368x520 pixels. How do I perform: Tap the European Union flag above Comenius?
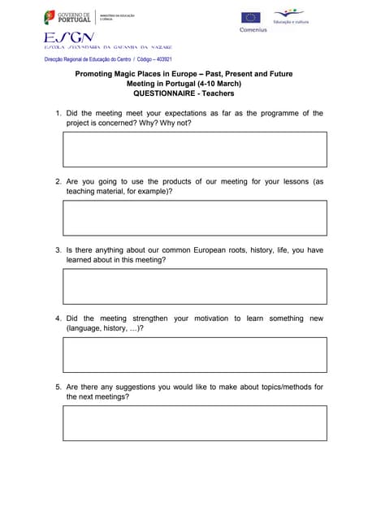pyautogui.click(x=251, y=17)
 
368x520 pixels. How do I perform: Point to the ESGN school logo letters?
pyautogui.click(x=69, y=37)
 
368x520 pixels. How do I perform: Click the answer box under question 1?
pyautogui.click(x=195, y=149)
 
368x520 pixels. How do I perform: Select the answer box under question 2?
pyautogui.click(x=195, y=218)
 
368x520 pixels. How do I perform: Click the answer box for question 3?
pyautogui.click(x=195, y=286)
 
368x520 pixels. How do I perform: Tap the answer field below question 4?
pyautogui.click(x=195, y=354)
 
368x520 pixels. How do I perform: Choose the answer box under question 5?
pyautogui.click(x=195, y=422)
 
